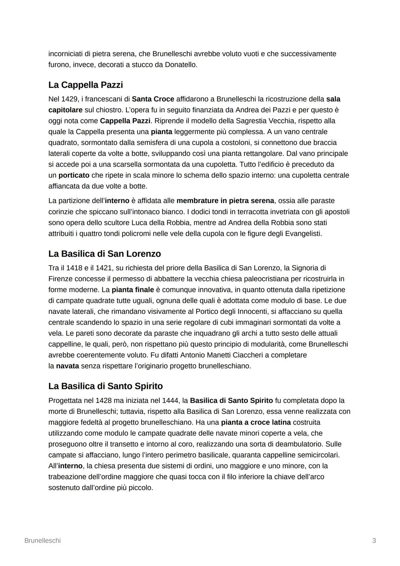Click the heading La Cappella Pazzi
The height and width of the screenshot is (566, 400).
(86, 85)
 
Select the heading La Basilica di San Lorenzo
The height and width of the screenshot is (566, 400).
(104, 254)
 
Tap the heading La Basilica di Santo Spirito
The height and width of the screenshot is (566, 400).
(106, 386)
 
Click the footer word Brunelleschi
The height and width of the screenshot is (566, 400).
(42, 540)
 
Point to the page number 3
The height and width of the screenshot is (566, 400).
(374, 540)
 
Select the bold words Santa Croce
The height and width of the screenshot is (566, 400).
(153, 99)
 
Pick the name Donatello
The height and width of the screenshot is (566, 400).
(181, 65)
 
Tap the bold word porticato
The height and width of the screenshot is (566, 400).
(74, 175)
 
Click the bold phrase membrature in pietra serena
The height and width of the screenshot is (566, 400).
(225, 201)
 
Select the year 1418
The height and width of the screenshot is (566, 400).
(74, 268)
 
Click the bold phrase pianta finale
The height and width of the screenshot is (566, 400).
(133, 290)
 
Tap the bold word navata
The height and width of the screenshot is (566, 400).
(67, 366)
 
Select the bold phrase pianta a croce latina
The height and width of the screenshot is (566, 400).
(256, 423)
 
